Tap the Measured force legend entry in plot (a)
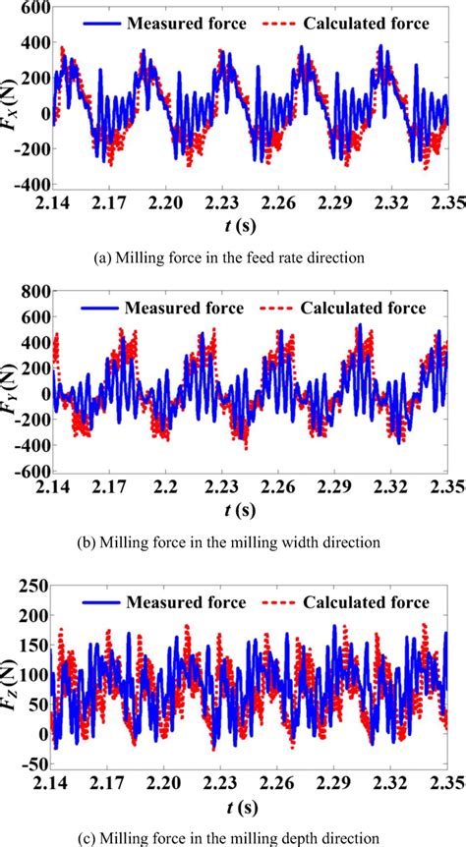pos(169,22)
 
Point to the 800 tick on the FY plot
pos(31,292)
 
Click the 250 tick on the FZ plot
pos(31,588)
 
